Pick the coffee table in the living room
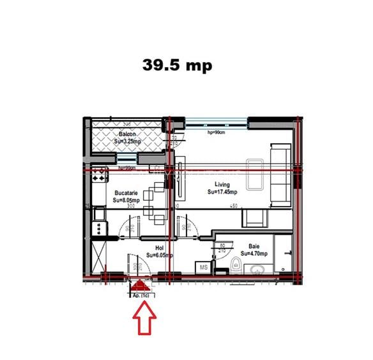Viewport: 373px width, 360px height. [256, 174]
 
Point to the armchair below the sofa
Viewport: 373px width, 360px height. [255, 218]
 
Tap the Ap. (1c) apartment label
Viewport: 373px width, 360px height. [141, 295]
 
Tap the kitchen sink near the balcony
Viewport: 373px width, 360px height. [99, 175]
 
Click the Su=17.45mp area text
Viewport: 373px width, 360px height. [224, 191]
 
